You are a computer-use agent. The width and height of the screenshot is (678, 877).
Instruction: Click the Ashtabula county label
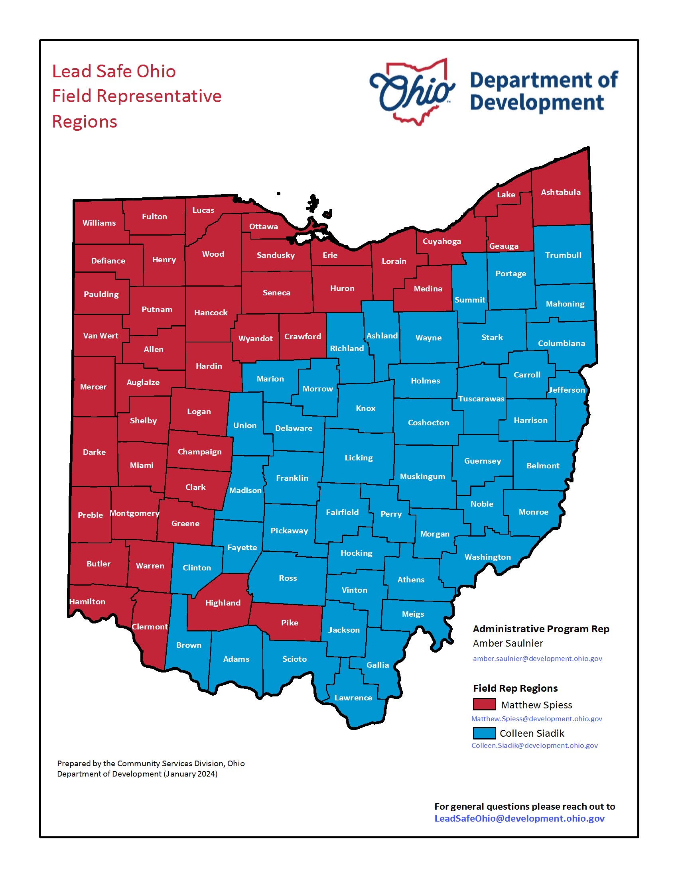point(560,193)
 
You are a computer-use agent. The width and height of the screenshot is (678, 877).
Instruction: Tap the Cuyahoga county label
point(441,241)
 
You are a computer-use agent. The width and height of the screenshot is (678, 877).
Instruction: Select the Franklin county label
point(292,478)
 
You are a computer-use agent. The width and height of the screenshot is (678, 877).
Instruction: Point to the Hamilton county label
point(87,602)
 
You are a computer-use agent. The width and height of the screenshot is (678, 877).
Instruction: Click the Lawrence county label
point(353,698)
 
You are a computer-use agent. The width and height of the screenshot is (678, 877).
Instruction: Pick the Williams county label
point(99,223)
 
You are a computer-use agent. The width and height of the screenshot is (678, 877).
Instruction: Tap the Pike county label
point(290,623)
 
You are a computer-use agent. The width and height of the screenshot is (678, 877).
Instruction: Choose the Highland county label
point(223,603)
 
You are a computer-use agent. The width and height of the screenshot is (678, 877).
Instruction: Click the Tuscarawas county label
point(481,399)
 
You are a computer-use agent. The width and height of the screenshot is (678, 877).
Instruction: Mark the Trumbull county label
point(563,255)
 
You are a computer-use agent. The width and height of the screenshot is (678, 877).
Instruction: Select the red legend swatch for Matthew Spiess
point(484,704)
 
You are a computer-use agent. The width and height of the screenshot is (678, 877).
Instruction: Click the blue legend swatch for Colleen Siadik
point(484,733)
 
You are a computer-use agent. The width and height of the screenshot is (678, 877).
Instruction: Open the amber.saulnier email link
point(537,659)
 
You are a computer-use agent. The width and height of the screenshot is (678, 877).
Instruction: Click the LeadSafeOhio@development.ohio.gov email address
point(519,818)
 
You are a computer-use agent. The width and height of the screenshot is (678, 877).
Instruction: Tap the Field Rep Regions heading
point(515,688)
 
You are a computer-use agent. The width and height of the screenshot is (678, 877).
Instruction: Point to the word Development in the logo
point(536,102)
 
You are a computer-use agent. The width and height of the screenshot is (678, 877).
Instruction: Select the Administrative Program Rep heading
point(541,629)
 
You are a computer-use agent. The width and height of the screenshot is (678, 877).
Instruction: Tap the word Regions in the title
point(85,122)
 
